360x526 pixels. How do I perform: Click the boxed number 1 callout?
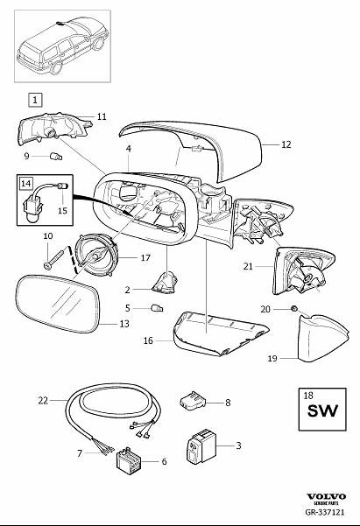[34, 100]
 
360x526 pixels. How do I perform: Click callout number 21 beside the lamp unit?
[249, 265]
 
